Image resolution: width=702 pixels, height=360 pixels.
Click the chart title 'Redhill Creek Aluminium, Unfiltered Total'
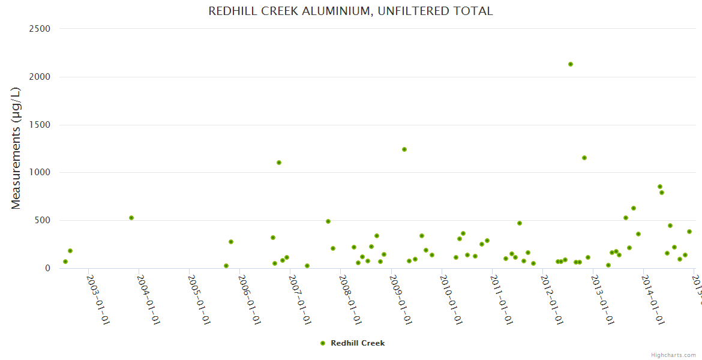[350, 11]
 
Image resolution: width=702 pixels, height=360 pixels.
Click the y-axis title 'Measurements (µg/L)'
[16, 148]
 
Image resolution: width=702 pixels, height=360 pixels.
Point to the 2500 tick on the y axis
[40, 29]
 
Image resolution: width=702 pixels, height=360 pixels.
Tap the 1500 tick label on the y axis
[40, 125]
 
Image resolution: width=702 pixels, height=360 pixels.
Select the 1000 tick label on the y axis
[40, 172]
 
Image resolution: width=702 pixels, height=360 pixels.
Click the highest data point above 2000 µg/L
[571, 64]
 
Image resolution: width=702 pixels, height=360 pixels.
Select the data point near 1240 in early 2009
[404, 149]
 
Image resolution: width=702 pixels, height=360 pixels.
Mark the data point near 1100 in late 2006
[279, 163]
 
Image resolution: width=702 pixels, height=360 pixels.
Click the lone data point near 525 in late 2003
[131, 218]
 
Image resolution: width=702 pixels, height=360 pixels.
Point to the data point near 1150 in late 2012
[584, 158]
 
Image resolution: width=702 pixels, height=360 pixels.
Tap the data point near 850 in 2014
[660, 187]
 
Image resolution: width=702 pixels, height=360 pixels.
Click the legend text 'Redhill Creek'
[358, 343]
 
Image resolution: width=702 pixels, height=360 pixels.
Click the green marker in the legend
[323, 343]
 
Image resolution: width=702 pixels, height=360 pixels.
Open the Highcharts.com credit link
[673, 355]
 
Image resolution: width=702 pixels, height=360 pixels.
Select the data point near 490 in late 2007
[328, 221]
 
